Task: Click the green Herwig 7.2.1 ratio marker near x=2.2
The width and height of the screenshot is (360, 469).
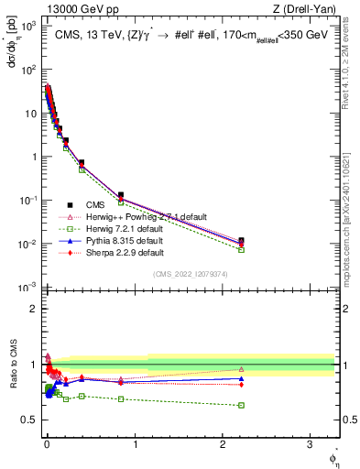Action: (x=241, y=405)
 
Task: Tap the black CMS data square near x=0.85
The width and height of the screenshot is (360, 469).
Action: (x=121, y=195)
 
